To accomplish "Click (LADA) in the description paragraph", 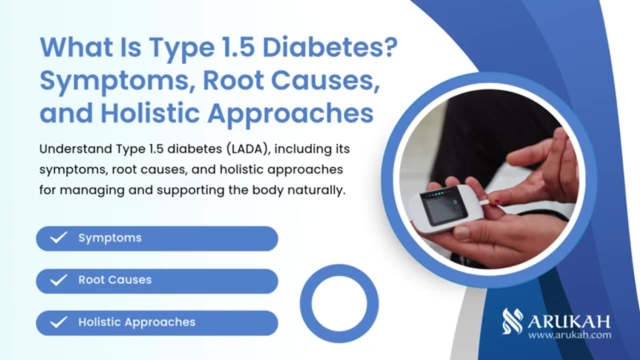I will point(248,149).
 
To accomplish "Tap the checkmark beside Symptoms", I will point(58,237).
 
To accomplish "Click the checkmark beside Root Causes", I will point(58,280).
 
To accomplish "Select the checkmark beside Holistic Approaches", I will point(58,322).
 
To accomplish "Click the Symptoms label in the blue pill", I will point(110,238).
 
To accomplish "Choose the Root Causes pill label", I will point(115,280).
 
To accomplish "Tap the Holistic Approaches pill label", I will point(137,322).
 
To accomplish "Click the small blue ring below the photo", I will point(339,303).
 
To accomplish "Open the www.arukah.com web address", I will point(569,335).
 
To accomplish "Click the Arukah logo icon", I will point(512,321).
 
